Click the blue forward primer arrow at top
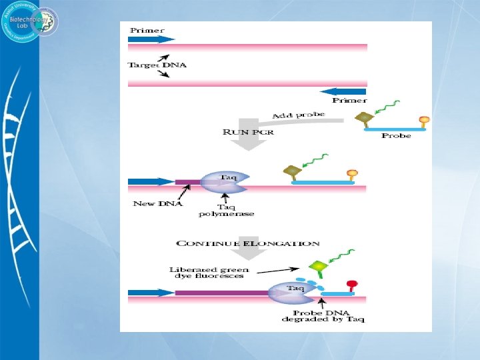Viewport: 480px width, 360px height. click(151, 39)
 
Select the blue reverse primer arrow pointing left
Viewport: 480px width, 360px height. click(343, 91)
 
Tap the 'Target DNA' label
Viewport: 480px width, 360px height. click(157, 65)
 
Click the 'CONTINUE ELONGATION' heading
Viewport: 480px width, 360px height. click(247, 244)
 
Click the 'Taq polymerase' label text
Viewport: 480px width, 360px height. click(227, 209)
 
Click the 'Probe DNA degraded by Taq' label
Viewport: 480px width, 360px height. click(323, 316)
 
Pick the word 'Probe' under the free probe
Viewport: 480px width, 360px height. click(396, 136)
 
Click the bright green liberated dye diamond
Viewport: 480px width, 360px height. click(319, 267)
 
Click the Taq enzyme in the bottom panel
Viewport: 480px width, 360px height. click(292, 291)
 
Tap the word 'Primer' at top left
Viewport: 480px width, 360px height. click(147, 30)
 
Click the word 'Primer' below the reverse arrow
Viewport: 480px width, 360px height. click(349, 101)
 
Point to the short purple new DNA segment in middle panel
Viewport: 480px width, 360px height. click(187, 181)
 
